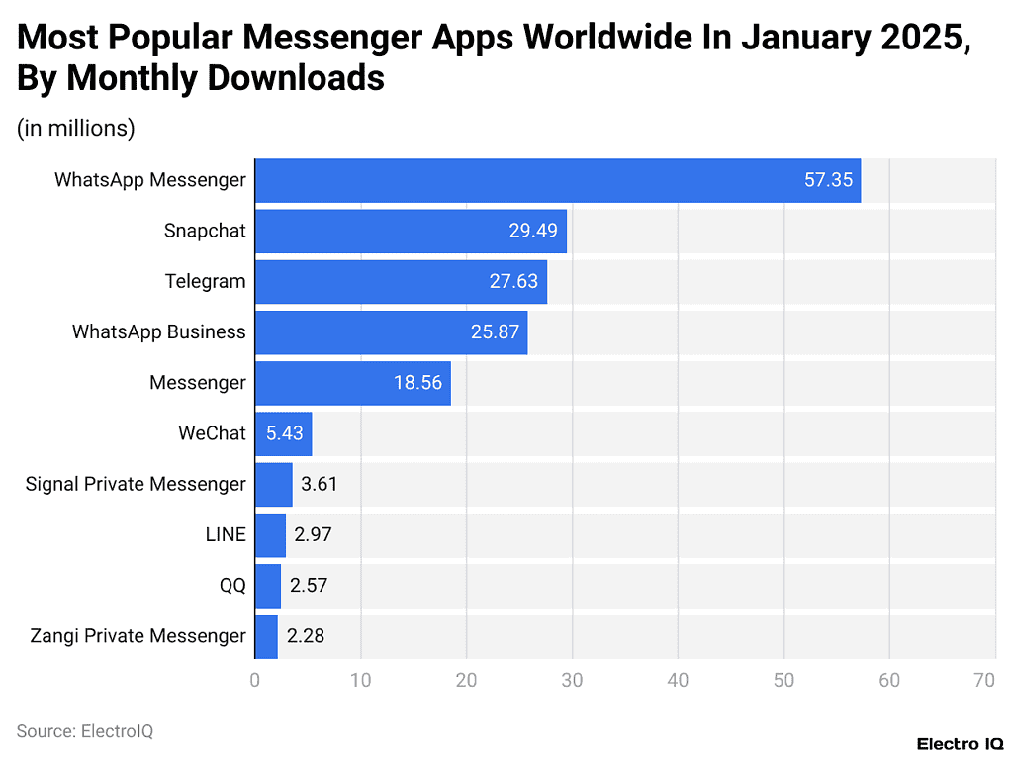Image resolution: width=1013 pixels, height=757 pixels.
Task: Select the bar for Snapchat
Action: pyautogui.click(x=411, y=231)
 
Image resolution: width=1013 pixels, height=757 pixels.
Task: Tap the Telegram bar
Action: pyautogui.click(x=401, y=281)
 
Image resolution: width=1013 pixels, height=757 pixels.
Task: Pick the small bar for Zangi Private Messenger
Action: pyautogui.click(x=266, y=635)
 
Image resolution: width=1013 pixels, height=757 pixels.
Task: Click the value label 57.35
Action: pyautogui.click(x=828, y=180)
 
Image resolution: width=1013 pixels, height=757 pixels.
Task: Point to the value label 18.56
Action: pyautogui.click(x=417, y=383)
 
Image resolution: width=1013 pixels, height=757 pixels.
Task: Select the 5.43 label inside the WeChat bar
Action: pyautogui.click(x=284, y=433)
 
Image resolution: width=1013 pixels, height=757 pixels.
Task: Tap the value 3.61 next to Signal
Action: pyautogui.click(x=320, y=484)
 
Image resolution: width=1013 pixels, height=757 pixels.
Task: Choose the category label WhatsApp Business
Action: pyautogui.click(x=158, y=332)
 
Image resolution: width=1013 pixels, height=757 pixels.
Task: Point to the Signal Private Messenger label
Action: pyautogui.click(x=136, y=484)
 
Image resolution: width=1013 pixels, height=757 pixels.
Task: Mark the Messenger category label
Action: pyautogui.click(x=197, y=383)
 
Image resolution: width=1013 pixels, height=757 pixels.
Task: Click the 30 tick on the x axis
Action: pyautogui.click(x=572, y=681)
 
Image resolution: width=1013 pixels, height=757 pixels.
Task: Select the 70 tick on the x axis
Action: pyautogui.click(x=983, y=681)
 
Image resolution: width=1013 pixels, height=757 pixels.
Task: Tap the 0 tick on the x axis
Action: pyautogui.click(x=255, y=681)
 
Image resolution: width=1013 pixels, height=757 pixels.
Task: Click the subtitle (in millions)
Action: pyautogui.click(x=76, y=129)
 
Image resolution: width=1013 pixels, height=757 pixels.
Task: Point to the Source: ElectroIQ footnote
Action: pyautogui.click(x=85, y=731)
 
